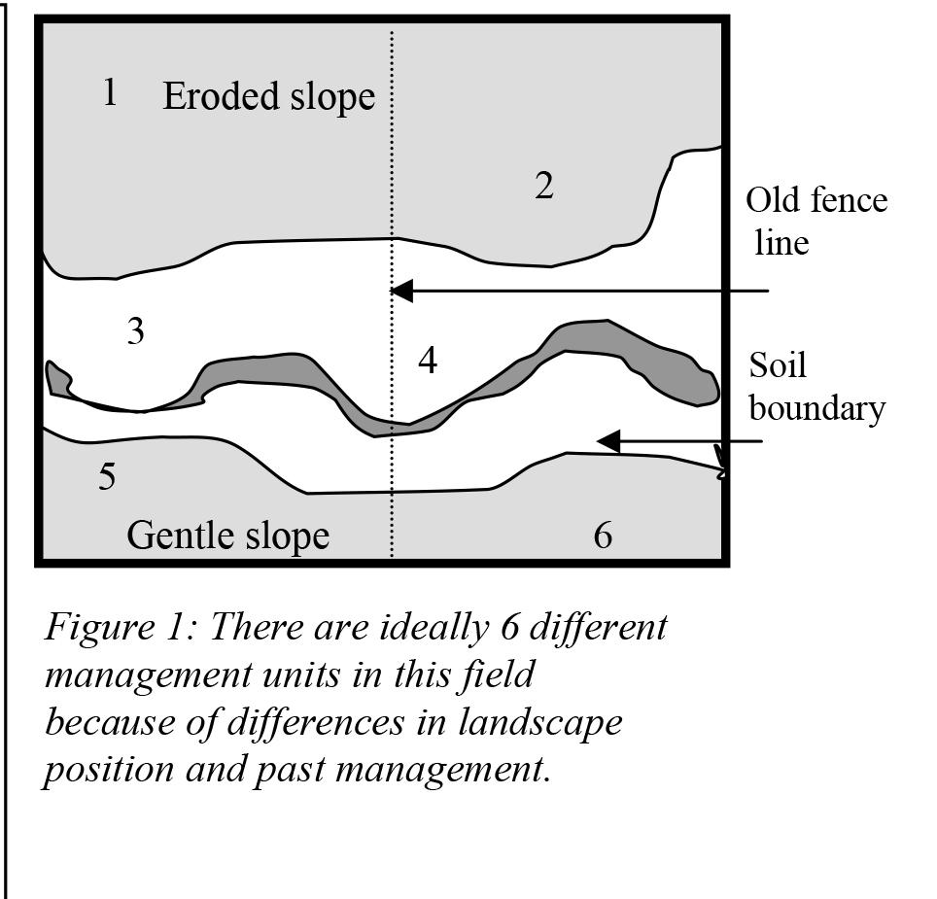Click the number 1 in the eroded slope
110,93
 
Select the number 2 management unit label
544,185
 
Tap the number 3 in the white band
136,332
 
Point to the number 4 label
428,361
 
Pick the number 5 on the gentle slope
107,477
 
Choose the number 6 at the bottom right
603,535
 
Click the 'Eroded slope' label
268,96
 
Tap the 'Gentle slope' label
228,535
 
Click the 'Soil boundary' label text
816,387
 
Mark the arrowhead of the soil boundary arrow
607,442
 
